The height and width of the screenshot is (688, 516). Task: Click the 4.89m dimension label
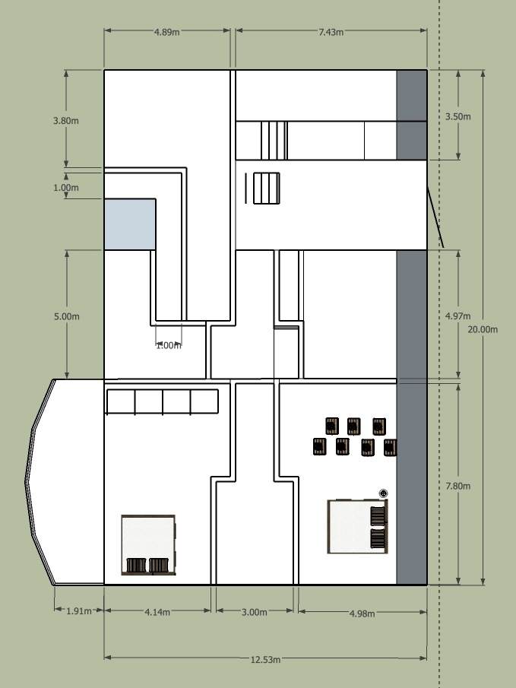167,32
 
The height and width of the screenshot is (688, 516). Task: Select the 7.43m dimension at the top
331,32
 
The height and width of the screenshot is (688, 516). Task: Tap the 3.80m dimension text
66,120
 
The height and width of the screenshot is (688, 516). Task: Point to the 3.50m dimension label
457,116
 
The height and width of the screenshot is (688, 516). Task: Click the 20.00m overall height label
483,329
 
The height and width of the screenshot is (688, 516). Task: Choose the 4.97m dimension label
457,315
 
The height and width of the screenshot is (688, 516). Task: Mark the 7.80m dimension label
457,486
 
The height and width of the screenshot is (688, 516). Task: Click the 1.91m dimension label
78,610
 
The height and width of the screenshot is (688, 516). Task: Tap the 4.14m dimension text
157,610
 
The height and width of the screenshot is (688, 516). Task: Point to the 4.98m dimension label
362,613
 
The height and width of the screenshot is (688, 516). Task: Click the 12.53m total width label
266,658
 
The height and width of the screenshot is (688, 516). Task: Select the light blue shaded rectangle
129,224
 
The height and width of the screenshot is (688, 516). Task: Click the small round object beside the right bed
383,494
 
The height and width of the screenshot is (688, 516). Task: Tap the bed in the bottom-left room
148,544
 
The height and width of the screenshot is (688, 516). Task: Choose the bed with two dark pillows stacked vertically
358,526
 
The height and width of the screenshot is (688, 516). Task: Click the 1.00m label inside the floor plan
169,346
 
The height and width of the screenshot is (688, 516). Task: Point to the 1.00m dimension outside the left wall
66,187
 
